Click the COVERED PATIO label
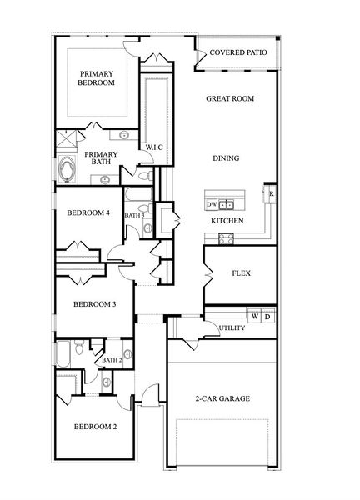click(x=238, y=52)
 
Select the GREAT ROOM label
click(x=229, y=98)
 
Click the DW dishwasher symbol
click(x=212, y=204)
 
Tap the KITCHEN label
click(x=227, y=221)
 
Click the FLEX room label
click(x=241, y=273)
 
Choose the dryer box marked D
click(x=267, y=317)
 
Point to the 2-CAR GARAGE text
click(x=222, y=398)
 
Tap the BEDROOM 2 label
click(x=95, y=427)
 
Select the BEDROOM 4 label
click(x=87, y=212)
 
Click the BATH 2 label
click(x=112, y=360)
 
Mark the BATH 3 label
click(x=135, y=216)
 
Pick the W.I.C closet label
click(x=153, y=147)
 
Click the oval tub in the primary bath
click(x=67, y=170)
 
